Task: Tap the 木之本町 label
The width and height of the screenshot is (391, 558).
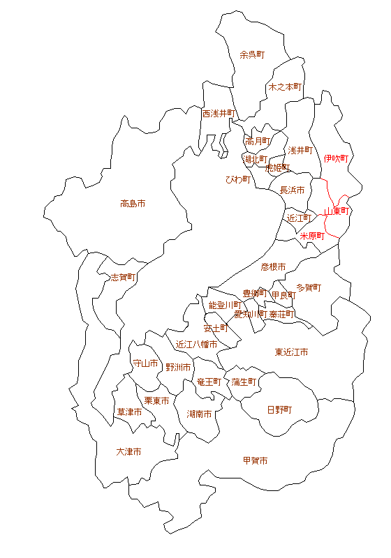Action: tap(285, 87)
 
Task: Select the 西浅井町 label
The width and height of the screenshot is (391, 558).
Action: tap(219, 113)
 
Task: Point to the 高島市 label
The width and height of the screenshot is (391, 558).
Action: tap(133, 204)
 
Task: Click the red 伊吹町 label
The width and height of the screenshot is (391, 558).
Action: tap(336, 158)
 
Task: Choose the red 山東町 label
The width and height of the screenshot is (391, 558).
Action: tap(337, 211)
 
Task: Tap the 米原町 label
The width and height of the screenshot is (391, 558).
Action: tap(312, 236)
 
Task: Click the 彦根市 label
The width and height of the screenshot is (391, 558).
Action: tap(274, 266)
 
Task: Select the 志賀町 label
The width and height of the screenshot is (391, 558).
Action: tap(123, 277)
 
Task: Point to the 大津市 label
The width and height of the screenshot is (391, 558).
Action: tap(128, 452)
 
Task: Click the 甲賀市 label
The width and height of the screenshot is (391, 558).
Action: tap(255, 460)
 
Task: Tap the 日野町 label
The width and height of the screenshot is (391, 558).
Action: tap(279, 409)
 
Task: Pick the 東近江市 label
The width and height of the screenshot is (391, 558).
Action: tap(291, 352)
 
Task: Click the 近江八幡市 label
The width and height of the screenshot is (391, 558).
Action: tap(196, 344)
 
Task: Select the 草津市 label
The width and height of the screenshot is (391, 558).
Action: tap(129, 412)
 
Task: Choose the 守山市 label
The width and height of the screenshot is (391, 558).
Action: tap(145, 363)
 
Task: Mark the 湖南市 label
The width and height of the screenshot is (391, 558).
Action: tap(200, 414)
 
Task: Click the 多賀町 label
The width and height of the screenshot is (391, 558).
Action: tap(309, 287)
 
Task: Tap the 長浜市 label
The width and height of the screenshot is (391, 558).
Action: tap(292, 190)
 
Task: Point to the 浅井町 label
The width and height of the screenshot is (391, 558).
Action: tap(300, 150)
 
